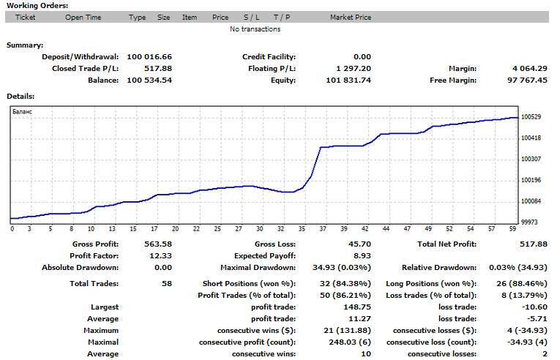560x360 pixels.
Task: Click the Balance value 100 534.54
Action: pyautogui.click(x=149, y=80)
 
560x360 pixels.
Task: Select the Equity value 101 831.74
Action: pyautogui.click(x=351, y=80)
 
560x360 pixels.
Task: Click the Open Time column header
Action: pyautogui.click(x=83, y=17)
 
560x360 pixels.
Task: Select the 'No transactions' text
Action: pyautogui.click(x=255, y=29)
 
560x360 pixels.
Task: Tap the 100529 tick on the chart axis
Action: pyautogui.click(x=531, y=117)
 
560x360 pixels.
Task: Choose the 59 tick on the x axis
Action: pyautogui.click(x=513, y=228)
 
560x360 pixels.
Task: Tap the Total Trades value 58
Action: pyautogui.click(x=166, y=283)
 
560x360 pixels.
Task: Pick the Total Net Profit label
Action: pyautogui.click(x=446, y=244)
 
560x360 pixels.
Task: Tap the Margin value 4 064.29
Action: pyautogui.click(x=530, y=68)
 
